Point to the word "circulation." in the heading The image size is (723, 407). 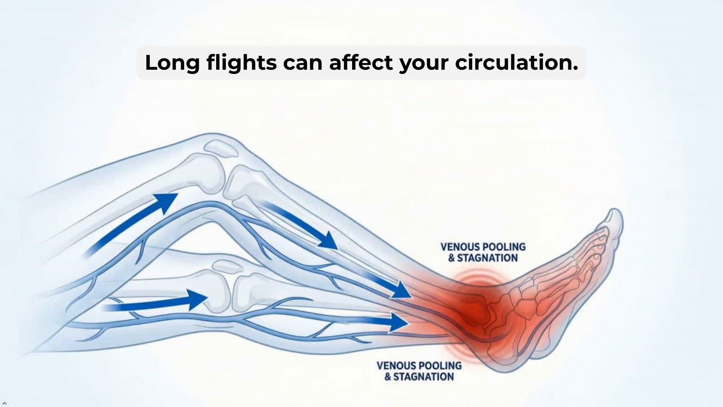[x=516, y=62]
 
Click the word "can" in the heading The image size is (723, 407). [x=303, y=64]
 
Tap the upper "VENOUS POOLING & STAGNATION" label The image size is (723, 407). [x=483, y=252]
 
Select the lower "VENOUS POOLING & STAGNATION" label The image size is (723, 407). [x=419, y=371]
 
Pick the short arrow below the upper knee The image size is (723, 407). [x=299, y=224]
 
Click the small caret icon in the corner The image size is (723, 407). [x=5, y=403]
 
